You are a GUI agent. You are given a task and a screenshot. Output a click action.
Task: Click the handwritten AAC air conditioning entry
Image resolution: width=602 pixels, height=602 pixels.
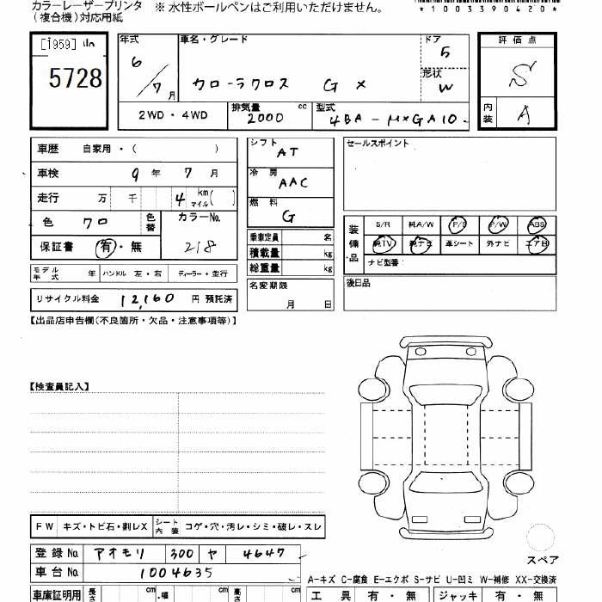pyautogui.click(x=292, y=183)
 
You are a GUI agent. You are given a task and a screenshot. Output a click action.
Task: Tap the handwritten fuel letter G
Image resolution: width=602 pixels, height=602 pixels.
pyautogui.click(x=288, y=217)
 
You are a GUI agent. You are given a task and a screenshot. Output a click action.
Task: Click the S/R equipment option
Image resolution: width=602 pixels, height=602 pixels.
pyautogui.click(x=383, y=225)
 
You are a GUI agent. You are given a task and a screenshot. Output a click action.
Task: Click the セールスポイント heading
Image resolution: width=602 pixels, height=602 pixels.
pyautogui.click(x=378, y=144)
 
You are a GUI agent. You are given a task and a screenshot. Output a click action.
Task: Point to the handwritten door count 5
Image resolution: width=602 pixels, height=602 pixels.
pyautogui.click(x=444, y=52)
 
